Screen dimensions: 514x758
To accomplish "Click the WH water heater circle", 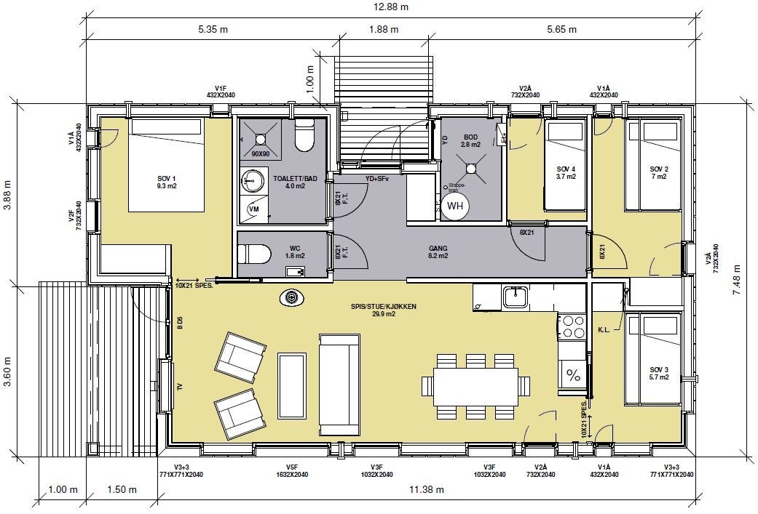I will [x=455, y=206].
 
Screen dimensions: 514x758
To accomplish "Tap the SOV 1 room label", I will [x=167, y=182].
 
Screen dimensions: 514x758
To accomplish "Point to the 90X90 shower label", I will [x=261, y=154].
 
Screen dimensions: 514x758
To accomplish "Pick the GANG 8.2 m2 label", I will [x=438, y=252].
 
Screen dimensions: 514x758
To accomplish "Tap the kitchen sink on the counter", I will [x=516, y=296].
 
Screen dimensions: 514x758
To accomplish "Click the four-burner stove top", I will [x=572, y=326].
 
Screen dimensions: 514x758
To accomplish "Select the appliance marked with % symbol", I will [x=573, y=376].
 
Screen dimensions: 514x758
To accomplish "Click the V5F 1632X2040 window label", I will [x=292, y=470].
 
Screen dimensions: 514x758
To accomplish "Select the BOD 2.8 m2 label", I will [x=471, y=141].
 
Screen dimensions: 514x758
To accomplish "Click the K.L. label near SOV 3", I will [x=604, y=330].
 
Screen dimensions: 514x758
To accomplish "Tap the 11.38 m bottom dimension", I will [x=429, y=490].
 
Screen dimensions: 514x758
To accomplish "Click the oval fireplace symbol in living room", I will [x=292, y=297].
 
